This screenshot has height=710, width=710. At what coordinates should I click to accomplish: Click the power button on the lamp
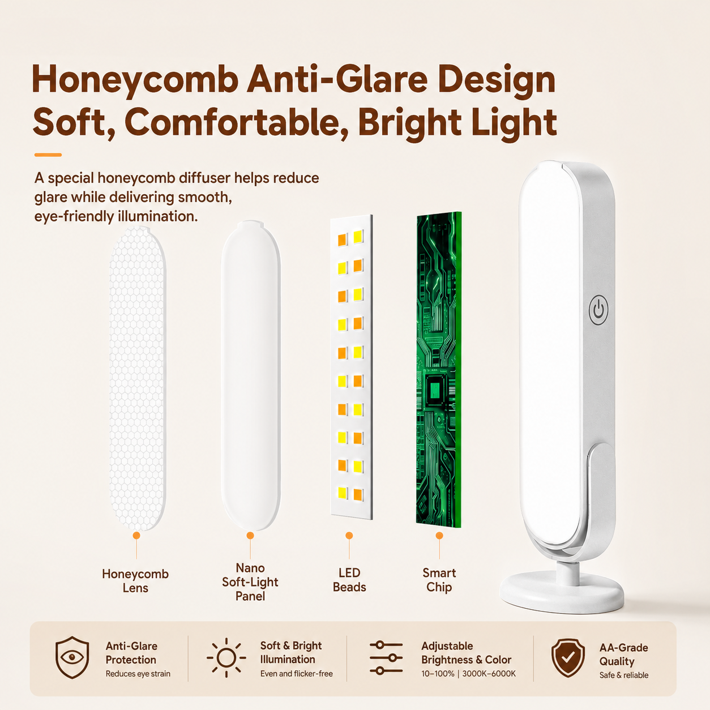point(598,310)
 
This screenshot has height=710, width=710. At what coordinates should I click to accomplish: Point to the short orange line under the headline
point(48,155)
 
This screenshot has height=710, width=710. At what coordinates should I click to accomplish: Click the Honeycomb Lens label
point(135,580)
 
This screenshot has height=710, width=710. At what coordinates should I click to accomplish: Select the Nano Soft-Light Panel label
point(250,581)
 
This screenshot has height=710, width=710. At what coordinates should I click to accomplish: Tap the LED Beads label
point(349,580)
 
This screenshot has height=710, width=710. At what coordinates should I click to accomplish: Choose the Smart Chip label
point(439,580)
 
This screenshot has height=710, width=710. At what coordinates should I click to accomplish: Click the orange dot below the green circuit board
point(439,536)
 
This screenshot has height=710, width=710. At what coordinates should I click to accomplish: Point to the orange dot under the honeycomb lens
point(136,536)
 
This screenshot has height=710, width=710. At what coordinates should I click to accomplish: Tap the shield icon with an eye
point(72,657)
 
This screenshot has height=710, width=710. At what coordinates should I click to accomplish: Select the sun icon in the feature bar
point(226,658)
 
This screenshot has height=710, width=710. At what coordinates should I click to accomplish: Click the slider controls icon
point(386,658)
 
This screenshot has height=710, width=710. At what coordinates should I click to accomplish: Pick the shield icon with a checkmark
point(568,658)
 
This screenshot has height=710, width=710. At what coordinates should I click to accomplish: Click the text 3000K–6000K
point(489,674)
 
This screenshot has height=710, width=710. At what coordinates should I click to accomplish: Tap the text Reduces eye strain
point(138,674)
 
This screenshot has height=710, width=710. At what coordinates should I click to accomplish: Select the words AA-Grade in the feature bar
point(623,647)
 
